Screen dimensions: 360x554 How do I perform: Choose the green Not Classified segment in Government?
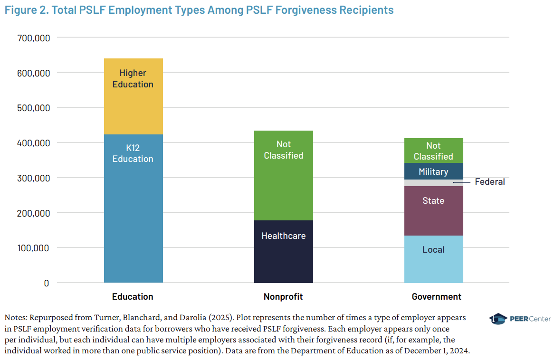point(433,151)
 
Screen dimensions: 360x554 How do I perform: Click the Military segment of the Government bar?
point(433,171)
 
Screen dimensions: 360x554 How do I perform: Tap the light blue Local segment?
point(433,259)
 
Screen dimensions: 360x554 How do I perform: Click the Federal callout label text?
point(489,182)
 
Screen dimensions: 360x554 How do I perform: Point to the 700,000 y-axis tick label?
point(33,38)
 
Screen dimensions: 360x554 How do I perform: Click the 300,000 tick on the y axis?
point(33,178)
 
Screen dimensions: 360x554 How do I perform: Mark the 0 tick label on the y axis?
point(46,283)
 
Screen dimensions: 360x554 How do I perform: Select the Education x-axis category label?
point(133,297)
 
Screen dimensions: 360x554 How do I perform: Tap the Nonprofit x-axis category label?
point(283,297)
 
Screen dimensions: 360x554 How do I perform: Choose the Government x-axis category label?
point(436,297)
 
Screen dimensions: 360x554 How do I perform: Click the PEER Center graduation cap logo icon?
point(497,319)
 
